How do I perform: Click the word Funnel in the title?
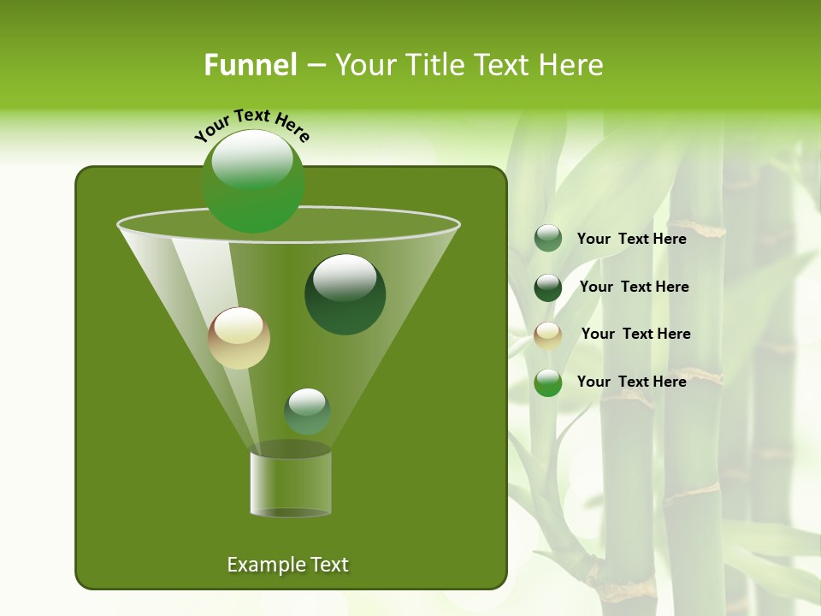[250, 65]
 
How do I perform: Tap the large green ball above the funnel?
[252, 181]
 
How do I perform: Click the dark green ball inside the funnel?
[345, 294]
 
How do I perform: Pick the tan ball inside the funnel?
[239, 338]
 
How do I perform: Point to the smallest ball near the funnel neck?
[307, 411]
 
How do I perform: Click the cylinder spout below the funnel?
[290, 484]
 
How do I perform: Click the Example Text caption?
[287, 565]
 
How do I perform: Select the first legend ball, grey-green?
[548, 239]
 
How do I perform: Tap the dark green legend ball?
[548, 287]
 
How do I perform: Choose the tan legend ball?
[548, 335]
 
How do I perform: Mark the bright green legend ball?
[548, 382]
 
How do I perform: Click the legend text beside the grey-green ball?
[631, 239]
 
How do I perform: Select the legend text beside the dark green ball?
[634, 287]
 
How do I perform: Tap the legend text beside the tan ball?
[635, 334]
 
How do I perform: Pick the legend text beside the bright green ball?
[631, 382]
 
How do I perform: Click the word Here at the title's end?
[570, 65]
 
